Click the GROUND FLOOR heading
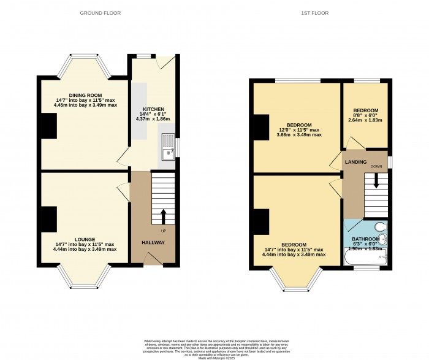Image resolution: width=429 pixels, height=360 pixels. tap(101, 12)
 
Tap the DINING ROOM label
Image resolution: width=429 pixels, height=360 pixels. tap(85, 95)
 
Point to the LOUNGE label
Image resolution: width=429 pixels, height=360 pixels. tap(85, 240)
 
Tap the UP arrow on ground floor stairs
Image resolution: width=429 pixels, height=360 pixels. tap(163, 216)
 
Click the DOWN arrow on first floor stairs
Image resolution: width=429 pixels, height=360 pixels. tap(376, 180)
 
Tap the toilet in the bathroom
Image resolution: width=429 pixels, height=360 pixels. tap(381, 228)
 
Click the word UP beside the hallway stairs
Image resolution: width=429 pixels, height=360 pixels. tap(163, 231)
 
